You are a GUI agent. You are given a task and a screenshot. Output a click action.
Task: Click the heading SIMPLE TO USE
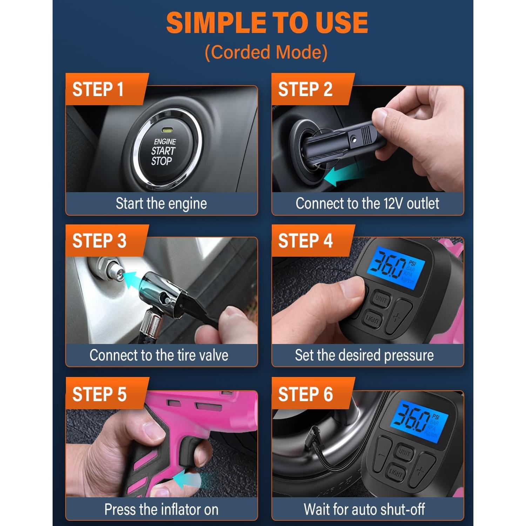(x=267, y=23)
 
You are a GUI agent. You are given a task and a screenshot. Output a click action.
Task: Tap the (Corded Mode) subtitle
(x=266, y=52)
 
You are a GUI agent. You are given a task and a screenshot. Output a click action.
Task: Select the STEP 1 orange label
(x=98, y=89)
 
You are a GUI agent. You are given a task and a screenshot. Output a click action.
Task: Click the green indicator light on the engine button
(x=167, y=130)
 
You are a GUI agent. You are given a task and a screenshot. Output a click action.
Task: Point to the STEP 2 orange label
(x=305, y=89)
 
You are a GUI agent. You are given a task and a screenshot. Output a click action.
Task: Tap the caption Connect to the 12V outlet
(x=367, y=203)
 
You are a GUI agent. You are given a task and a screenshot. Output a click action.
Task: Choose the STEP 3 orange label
(x=99, y=241)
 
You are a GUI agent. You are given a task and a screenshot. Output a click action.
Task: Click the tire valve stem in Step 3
(x=114, y=270)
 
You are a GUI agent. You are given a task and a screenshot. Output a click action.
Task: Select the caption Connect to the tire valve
(x=159, y=355)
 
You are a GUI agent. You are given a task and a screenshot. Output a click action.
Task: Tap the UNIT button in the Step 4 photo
(x=381, y=299)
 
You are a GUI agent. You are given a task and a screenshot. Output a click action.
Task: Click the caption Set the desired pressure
(x=364, y=355)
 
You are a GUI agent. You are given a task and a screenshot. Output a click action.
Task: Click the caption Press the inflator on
(x=161, y=509)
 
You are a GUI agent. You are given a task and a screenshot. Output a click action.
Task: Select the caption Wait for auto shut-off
(x=364, y=509)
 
